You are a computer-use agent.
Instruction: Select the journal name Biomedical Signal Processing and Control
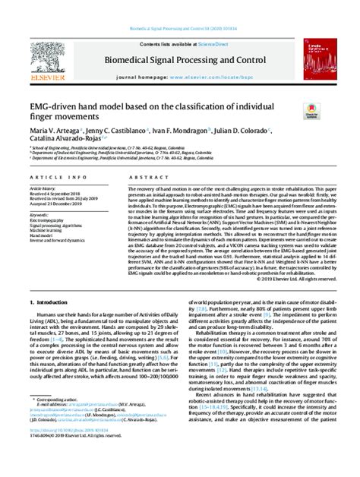[179, 58]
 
